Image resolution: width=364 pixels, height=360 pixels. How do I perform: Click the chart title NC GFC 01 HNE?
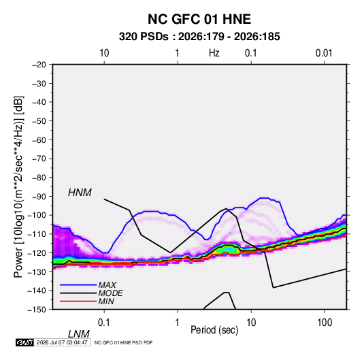coord(199,19)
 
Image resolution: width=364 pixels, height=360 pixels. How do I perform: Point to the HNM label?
coord(80,193)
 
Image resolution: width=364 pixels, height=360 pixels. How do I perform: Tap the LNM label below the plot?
coord(79,334)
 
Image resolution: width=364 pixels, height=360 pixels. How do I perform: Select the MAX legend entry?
coord(107,285)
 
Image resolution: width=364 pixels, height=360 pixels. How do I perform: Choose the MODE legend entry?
coord(110,293)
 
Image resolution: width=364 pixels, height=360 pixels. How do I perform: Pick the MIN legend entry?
coord(106,301)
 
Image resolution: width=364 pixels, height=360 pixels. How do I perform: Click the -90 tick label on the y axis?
coord(39,196)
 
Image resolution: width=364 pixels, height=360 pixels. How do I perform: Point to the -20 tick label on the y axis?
coord(39,65)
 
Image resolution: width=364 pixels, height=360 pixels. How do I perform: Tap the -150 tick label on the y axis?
coord(37,310)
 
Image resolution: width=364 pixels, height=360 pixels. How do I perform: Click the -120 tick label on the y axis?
coord(37,252)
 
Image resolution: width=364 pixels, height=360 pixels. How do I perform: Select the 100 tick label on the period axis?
coord(324,323)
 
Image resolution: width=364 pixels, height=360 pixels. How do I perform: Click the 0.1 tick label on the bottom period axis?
coord(104,323)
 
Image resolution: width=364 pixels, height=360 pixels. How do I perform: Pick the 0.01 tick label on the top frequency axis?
coord(324,53)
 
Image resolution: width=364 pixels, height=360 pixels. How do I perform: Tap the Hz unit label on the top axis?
coord(214,53)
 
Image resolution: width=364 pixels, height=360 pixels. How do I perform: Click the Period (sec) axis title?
coord(214,330)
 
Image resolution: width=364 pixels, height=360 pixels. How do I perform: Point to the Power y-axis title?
coord(18,187)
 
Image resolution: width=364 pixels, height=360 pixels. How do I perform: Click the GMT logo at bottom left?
coord(25,342)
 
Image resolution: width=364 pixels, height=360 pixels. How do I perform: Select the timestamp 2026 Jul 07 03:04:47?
coord(62,342)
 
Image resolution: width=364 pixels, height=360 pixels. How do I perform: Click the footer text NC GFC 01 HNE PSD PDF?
coord(124,342)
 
